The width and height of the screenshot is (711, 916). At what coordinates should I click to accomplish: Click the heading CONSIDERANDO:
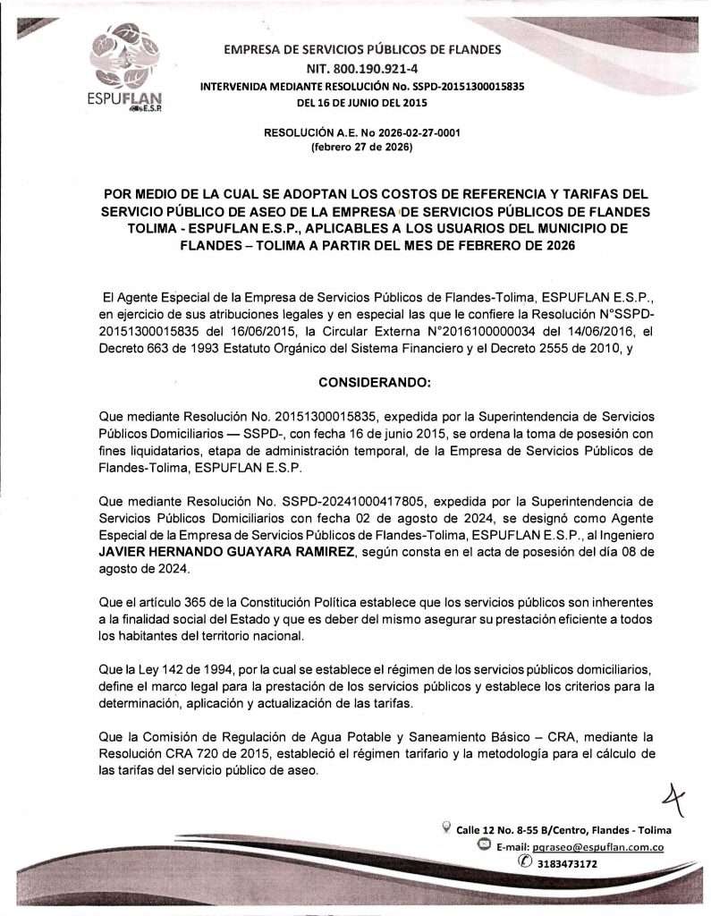[375, 382]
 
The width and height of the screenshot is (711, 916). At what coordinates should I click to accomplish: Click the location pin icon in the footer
[446, 828]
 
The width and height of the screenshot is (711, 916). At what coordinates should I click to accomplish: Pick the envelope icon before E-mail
[484, 845]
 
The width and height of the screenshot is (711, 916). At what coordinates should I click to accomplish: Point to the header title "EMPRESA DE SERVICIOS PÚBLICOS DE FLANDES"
[362, 50]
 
